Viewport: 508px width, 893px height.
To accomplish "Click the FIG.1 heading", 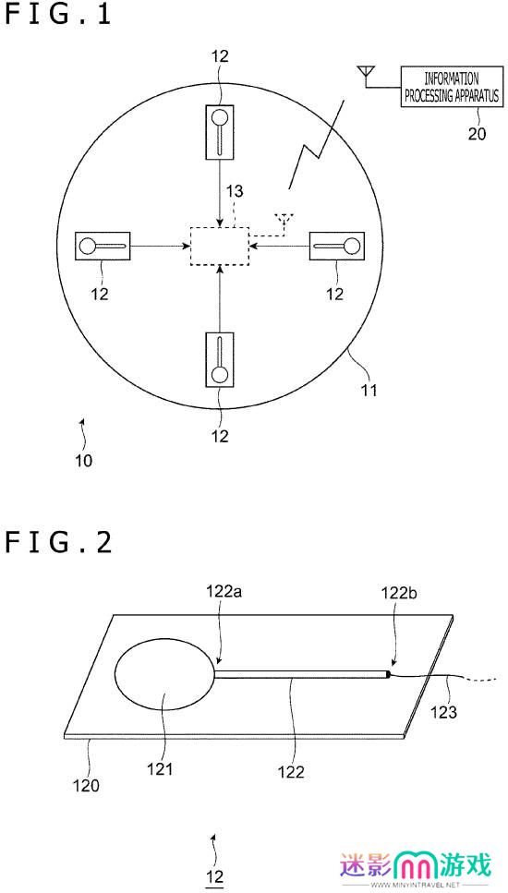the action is tap(58, 15).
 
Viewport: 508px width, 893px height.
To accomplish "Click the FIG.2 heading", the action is tap(58, 543).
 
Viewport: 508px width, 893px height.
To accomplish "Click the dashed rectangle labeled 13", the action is tap(220, 246).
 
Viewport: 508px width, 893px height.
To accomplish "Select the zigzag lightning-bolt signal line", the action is tap(317, 143).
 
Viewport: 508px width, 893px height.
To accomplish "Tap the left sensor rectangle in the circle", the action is tap(103, 246).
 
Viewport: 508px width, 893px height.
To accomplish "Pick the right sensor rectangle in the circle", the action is tap(336, 246).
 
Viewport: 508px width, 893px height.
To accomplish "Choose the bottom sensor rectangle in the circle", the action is tap(220, 359).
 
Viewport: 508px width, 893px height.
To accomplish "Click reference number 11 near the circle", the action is tap(368, 391).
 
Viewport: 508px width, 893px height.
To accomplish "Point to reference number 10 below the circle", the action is tap(84, 460).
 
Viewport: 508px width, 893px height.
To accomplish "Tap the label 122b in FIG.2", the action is tap(397, 594).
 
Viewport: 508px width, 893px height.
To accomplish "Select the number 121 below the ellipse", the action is tap(160, 769).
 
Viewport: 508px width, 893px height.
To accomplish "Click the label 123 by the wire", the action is tap(444, 711).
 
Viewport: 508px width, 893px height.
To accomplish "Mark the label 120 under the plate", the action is tap(86, 786).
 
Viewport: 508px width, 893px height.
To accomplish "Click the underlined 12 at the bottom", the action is tap(214, 875).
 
